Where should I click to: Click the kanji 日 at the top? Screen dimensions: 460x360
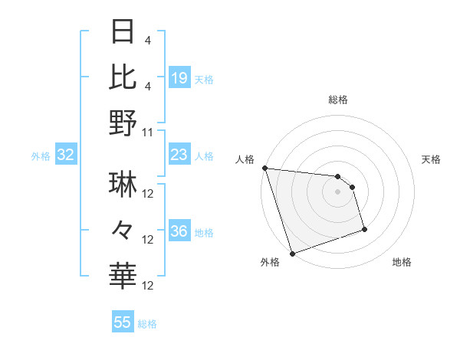pos(123,33)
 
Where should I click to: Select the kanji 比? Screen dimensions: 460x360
pos(123,77)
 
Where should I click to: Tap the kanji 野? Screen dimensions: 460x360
pos(123,123)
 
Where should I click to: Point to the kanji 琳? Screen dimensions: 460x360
pos(123,185)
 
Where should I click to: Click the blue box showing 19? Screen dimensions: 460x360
pos(179,77)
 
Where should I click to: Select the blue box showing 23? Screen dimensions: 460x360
pos(179,155)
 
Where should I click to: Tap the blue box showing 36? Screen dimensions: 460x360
pos(179,232)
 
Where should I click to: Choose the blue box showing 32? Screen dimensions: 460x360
pos(65,155)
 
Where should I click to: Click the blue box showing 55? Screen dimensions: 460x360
pos(122,322)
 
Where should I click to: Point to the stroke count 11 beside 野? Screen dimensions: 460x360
pos(148,132)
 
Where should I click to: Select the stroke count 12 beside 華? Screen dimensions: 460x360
pos(148,286)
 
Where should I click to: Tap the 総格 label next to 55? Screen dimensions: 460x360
pos(147,324)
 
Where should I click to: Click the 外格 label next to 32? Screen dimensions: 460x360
pos(41,156)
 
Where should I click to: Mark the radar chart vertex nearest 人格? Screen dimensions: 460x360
pos(264,168)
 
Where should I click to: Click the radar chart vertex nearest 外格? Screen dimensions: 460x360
pos(293,254)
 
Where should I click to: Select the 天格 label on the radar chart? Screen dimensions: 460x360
pos(432,159)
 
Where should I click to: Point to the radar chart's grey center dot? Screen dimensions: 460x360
pos(337,191)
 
